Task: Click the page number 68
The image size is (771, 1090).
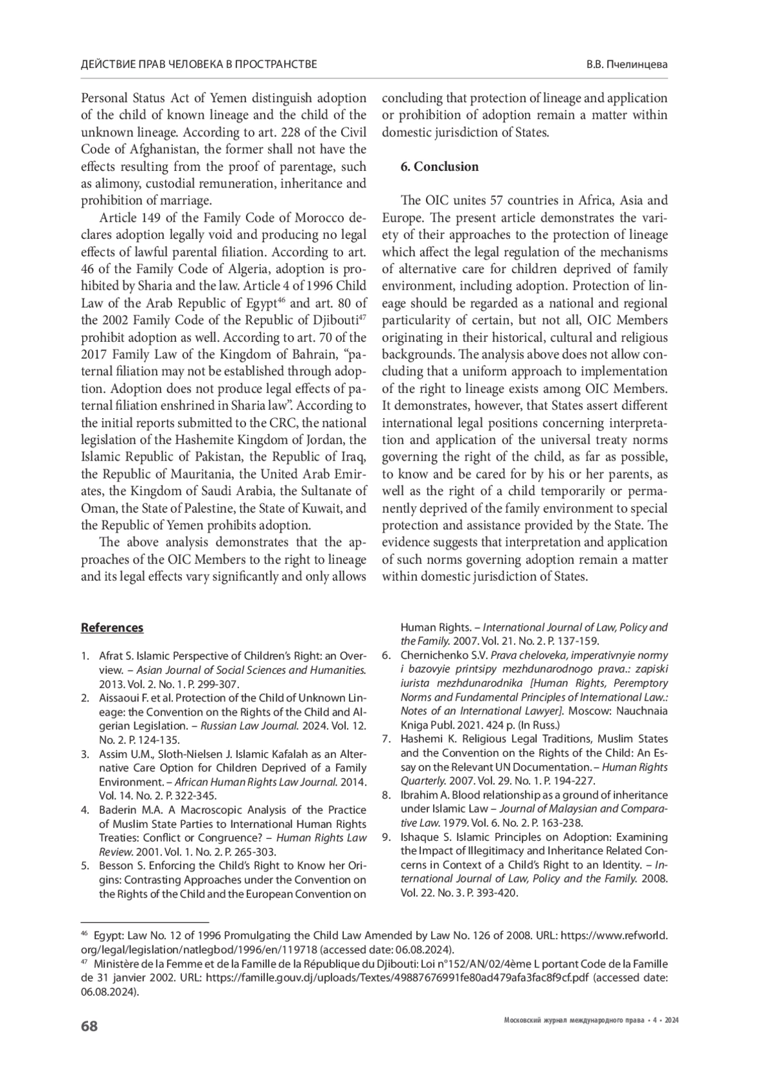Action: coord(89,1026)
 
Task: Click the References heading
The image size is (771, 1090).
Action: coord(112,628)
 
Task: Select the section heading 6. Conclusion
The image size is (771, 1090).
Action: coord(439,167)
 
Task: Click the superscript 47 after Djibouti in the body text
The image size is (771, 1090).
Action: coord(362,318)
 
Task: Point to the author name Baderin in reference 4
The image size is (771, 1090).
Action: coord(118,810)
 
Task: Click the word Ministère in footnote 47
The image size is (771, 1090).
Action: coord(116,964)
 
